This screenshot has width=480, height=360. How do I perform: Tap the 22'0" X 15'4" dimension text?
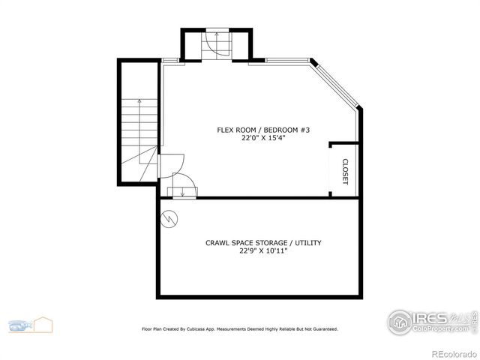click(263, 138)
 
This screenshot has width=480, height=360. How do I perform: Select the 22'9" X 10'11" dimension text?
click(263, 251)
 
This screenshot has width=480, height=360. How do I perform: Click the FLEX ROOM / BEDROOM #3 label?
click(263, 130)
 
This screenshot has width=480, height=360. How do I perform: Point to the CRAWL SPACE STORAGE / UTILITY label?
click(263, 242)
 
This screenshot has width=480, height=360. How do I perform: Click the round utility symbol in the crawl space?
click(170, 219)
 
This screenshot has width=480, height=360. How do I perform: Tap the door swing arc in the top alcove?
click(219, 48)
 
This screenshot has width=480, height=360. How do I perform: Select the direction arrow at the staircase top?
click(214, 35)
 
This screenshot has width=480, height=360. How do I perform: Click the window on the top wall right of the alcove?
click(280, 61)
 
